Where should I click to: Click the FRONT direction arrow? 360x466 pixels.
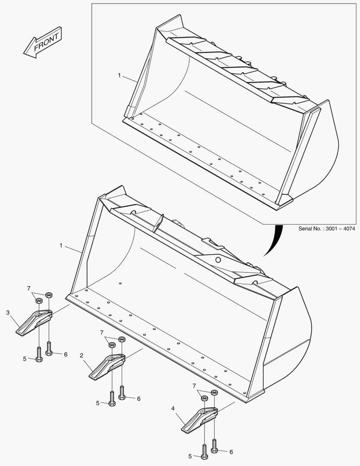tap(43, 43)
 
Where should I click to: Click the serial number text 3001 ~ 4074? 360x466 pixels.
tap(326, 229)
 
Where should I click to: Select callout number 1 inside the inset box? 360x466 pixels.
tap(119, 75)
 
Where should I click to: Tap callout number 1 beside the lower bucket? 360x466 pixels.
tap(61, 245)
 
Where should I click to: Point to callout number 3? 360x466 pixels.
tap(8, 312)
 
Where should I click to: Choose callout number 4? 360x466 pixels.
tap(173, 408)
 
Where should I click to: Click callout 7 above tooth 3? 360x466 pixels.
tap(29, 288)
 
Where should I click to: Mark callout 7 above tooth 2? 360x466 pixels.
tap(102, 332)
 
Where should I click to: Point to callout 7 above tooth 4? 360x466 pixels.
tap(194, 385)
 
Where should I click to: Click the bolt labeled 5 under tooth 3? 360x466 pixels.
tap(39, 355)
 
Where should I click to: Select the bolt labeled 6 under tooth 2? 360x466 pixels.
tap(122, 393)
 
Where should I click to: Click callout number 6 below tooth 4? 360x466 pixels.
tap(231, 452)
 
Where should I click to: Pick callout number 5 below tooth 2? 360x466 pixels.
tap(98, 403)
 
